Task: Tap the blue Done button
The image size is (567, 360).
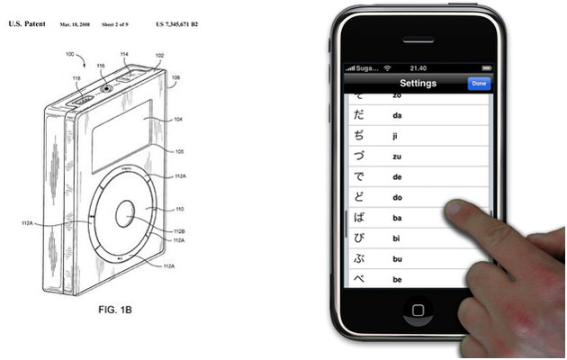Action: coord(479,84)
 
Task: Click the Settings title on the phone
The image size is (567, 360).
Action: coord(418,84)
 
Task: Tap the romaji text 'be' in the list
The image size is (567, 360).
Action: coord(397,280)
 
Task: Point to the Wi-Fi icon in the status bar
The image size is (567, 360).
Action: coord(387,67)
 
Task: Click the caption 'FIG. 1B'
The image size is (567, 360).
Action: coord(114,310)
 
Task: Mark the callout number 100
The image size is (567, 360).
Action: coord(70,54)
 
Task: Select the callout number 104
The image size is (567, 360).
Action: coord(177,118)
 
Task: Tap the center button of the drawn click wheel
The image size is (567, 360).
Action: coord(124,215)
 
